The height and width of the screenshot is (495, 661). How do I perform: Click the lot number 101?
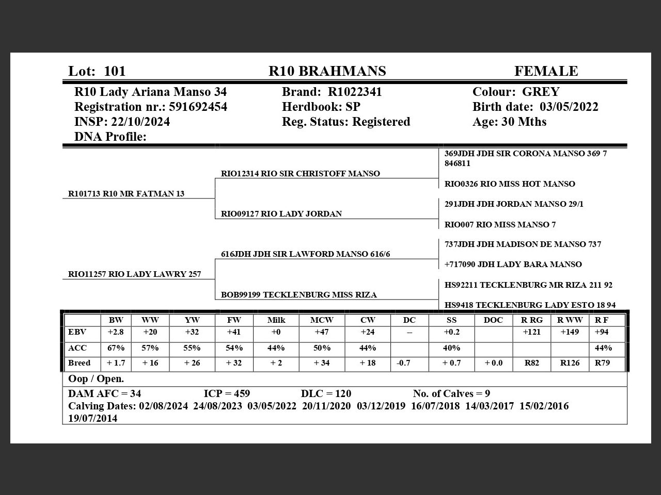click(x=115, y=71)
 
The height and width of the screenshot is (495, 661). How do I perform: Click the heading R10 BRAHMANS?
click(x=327, y=71)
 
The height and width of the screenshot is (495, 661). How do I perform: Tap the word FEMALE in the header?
click(x=546, y=71)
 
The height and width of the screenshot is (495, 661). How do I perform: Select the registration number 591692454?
click(x=198, y=107)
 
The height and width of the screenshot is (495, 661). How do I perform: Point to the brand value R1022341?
click(x=355, y=92)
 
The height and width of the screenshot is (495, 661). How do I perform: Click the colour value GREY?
click(x=541, y=92)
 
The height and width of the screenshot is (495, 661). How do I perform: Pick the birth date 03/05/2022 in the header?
click(x=569, y=107)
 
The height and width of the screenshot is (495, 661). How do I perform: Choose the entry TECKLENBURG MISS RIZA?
click(x=320, y=295)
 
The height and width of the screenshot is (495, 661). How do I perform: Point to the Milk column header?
click(x=276, y=320)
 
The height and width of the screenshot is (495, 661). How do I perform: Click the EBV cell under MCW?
click(x=322, y=333)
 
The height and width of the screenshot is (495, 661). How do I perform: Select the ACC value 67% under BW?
click(x=116, y=348)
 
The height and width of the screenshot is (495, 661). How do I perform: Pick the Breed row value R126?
click(x=570, y=363)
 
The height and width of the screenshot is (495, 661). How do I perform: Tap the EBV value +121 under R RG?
click(x=531, y=333)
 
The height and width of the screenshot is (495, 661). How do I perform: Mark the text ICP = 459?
click(x=227, y=394)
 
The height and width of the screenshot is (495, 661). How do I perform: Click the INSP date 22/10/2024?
click(x=140, y=122)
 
